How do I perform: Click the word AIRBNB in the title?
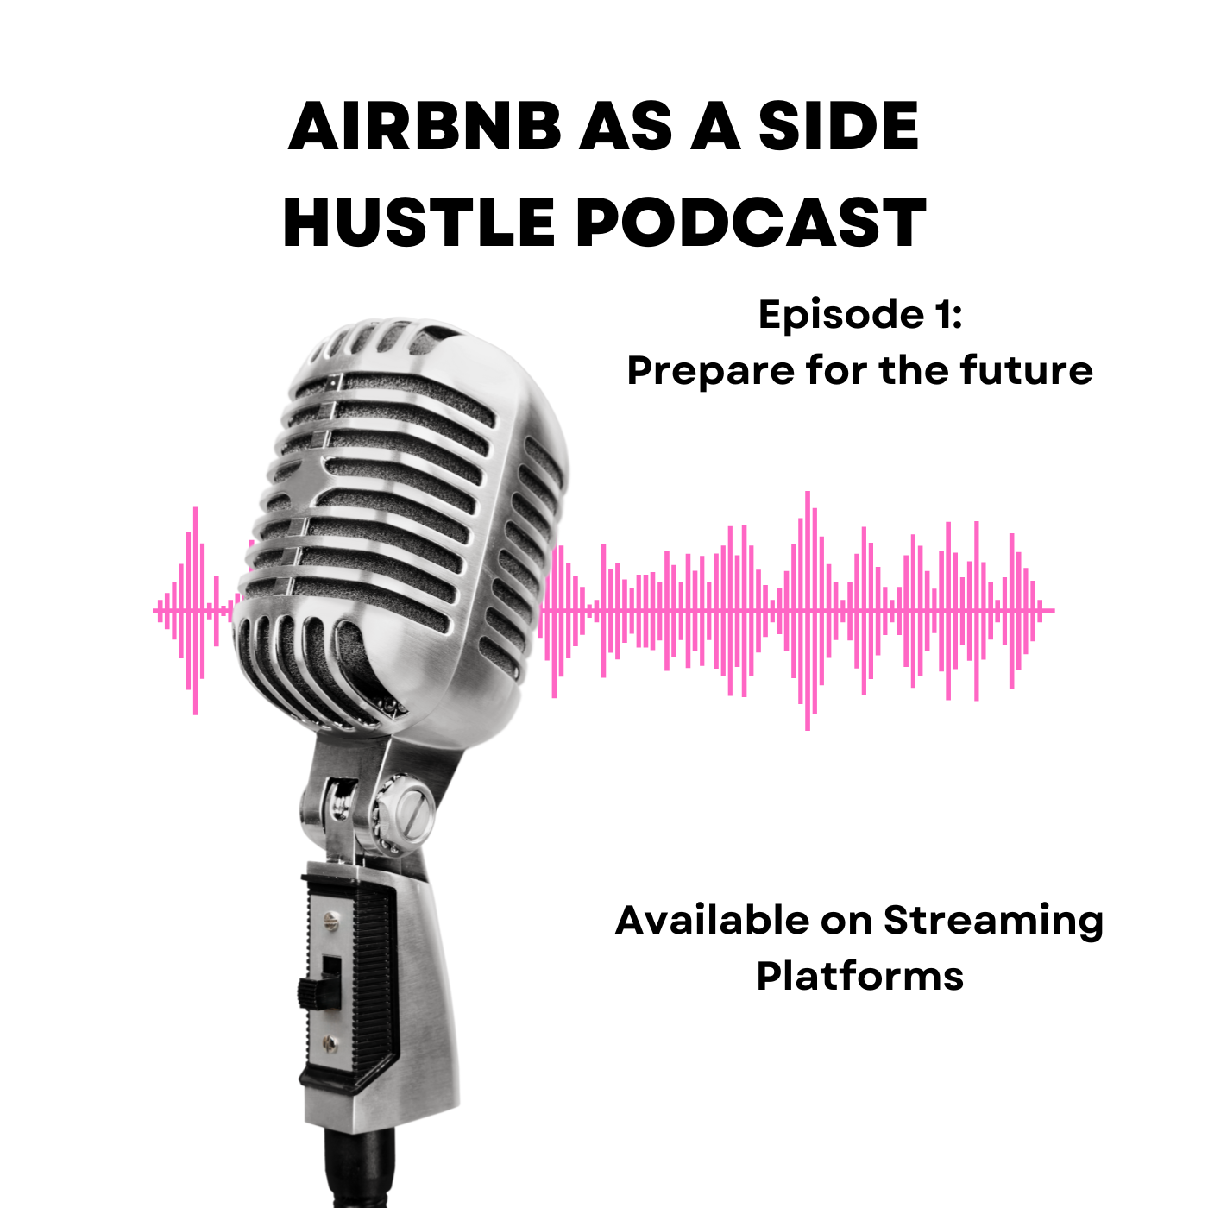pos(425,126)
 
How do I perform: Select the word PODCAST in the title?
pos(751,223)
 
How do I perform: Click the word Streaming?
pos(993,923)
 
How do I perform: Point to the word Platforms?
pos(859,976)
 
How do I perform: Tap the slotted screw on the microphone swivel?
pos(415,814)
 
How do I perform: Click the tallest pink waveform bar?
pos(807,610)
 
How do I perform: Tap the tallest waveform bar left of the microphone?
pos(196,610)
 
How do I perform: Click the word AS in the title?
pos(620,126)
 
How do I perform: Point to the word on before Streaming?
pos(846,922)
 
